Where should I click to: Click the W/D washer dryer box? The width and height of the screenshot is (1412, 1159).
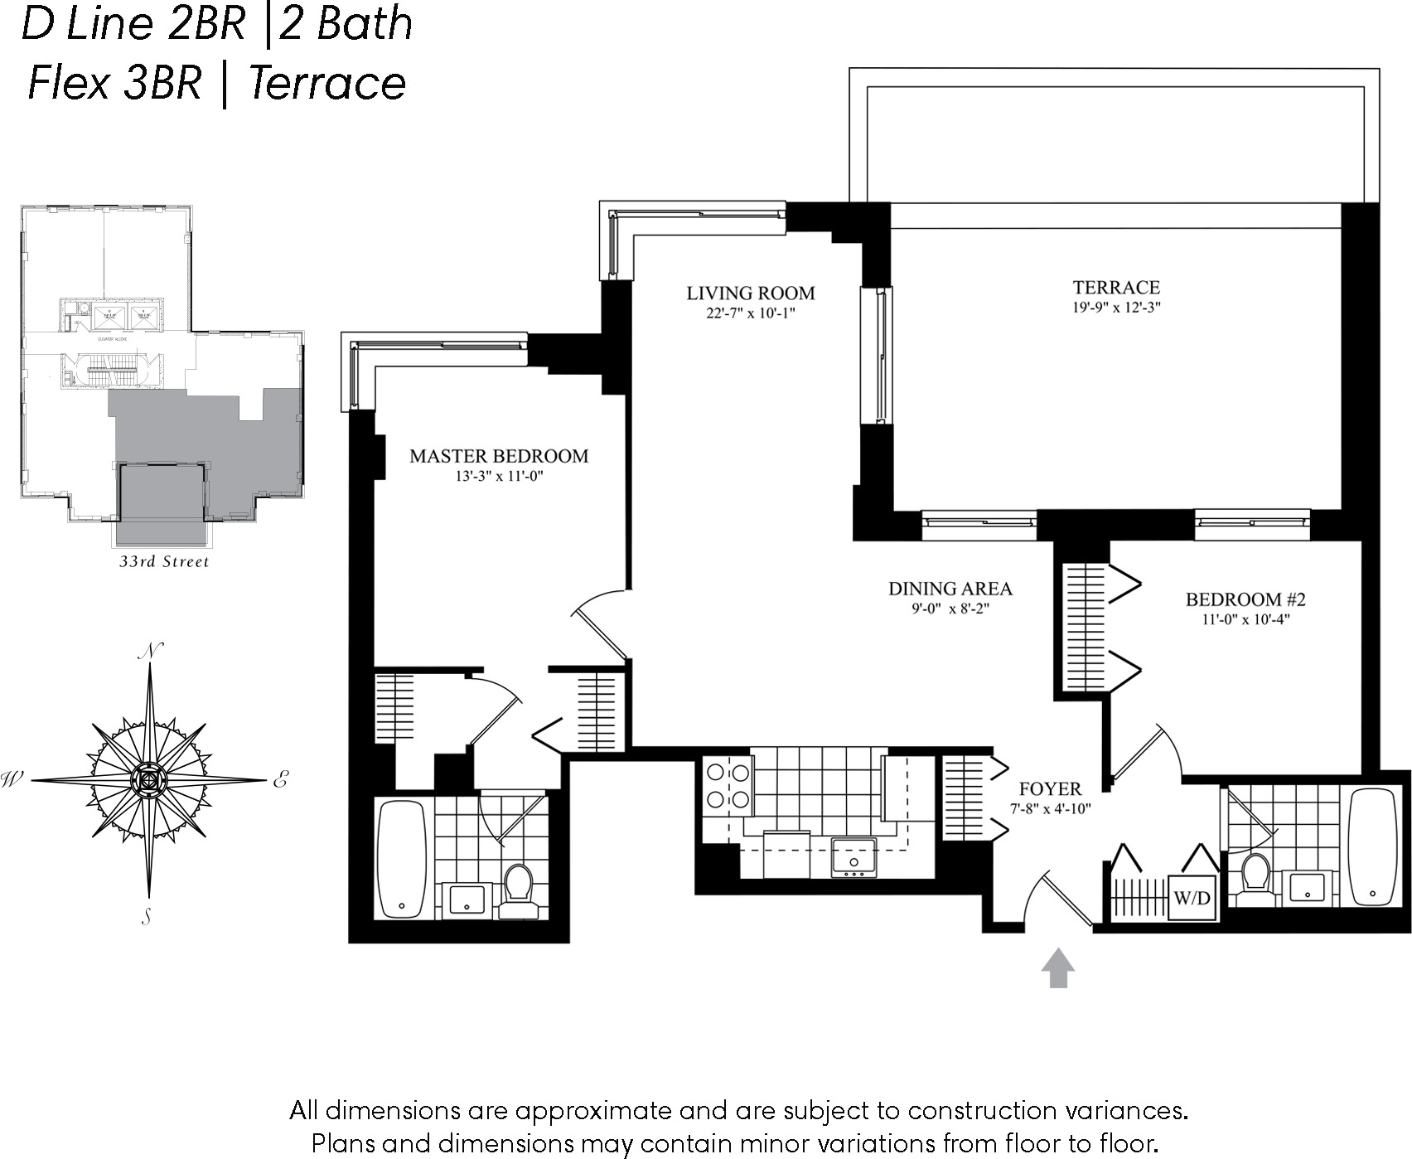(1192, 898)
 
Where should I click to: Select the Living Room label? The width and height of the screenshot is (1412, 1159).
(750, 293)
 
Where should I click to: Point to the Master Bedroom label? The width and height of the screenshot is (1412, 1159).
(499, 456)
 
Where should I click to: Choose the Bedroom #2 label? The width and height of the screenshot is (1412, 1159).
(1245, 599)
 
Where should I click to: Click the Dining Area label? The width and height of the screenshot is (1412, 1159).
(950, 589)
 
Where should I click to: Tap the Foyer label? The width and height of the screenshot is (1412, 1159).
(1050, 788)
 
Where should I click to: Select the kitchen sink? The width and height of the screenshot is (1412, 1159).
(853, 857)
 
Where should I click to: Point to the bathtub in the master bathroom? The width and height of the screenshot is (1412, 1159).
(403, 858)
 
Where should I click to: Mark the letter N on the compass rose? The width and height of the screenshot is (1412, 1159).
(151, 652)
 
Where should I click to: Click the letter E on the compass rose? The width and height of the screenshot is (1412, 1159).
(280, 779)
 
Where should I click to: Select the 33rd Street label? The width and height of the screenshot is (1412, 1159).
(164, 562)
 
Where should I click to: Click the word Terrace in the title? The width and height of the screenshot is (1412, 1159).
(327, 83)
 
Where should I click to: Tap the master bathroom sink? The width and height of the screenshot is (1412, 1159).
(467, 899)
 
